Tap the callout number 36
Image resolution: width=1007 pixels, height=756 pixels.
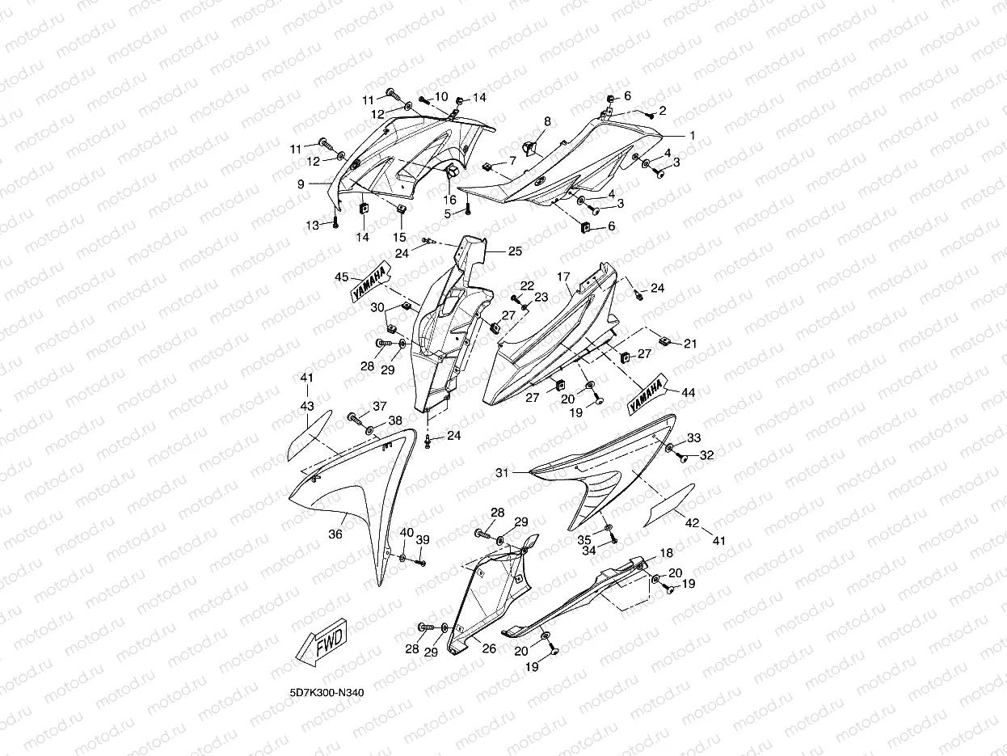tap(335, 534)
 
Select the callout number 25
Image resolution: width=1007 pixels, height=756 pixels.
tap(515, 251)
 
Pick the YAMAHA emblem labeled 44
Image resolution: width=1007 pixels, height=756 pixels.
tap(647, 395)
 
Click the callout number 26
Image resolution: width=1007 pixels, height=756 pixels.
tap(489, 648)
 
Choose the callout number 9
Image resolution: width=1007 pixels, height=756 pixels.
tap(301, 184)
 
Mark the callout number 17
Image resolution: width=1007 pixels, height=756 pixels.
tap(563, 277)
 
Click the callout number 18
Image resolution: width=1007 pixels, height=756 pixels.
tap(667, 553)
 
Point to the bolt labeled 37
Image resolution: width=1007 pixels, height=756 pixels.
tap(355, 418)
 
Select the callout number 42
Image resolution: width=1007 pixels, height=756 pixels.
tap(692, 523)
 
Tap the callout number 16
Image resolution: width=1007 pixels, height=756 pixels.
tap(449, 199)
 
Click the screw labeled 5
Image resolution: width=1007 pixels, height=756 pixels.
tap(469, 210)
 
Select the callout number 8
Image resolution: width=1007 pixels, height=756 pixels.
tap(547, 121)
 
